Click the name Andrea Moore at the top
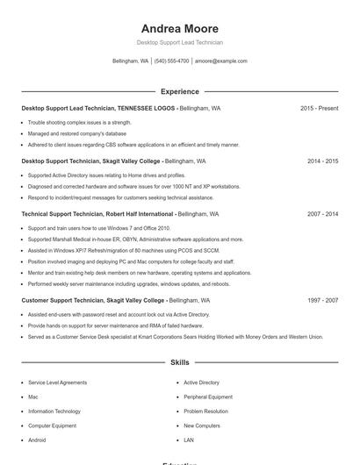pyautogui.click(x=179, y=29)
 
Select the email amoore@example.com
pyautogui.click(x=221, y=61)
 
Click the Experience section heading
pyautogui.click(x=179, y=91)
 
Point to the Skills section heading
pyautogui.click(x=179, y=361)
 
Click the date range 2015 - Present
pyautogui.click(x=319, y=109)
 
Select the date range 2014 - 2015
pyautogui.click(x=322, y=161)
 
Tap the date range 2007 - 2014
pyautogui.click(x=322, y=214)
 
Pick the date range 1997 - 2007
pyautogui.click(x=322, y=300)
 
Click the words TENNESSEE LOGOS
pyautogui.click(x=146, y=109)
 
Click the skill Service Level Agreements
pyautogui.click(x=57, y=383)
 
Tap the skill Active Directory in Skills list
pyautogui.click(x=201, y=383)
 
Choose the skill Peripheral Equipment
pyautogui.click(x=207, y=397)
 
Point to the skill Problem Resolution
pyautogui.click(x=205, y=411)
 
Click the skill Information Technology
pyautogui.click(x=54, y=411)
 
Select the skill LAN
pyautogui.click(x=189, y=440)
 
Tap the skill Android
pyautogui.click(x=37, y=440)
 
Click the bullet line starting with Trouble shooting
pyautogui.click(x=79, y=122)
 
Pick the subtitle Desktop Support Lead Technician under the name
pyautogui.click(x=179, y=42)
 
